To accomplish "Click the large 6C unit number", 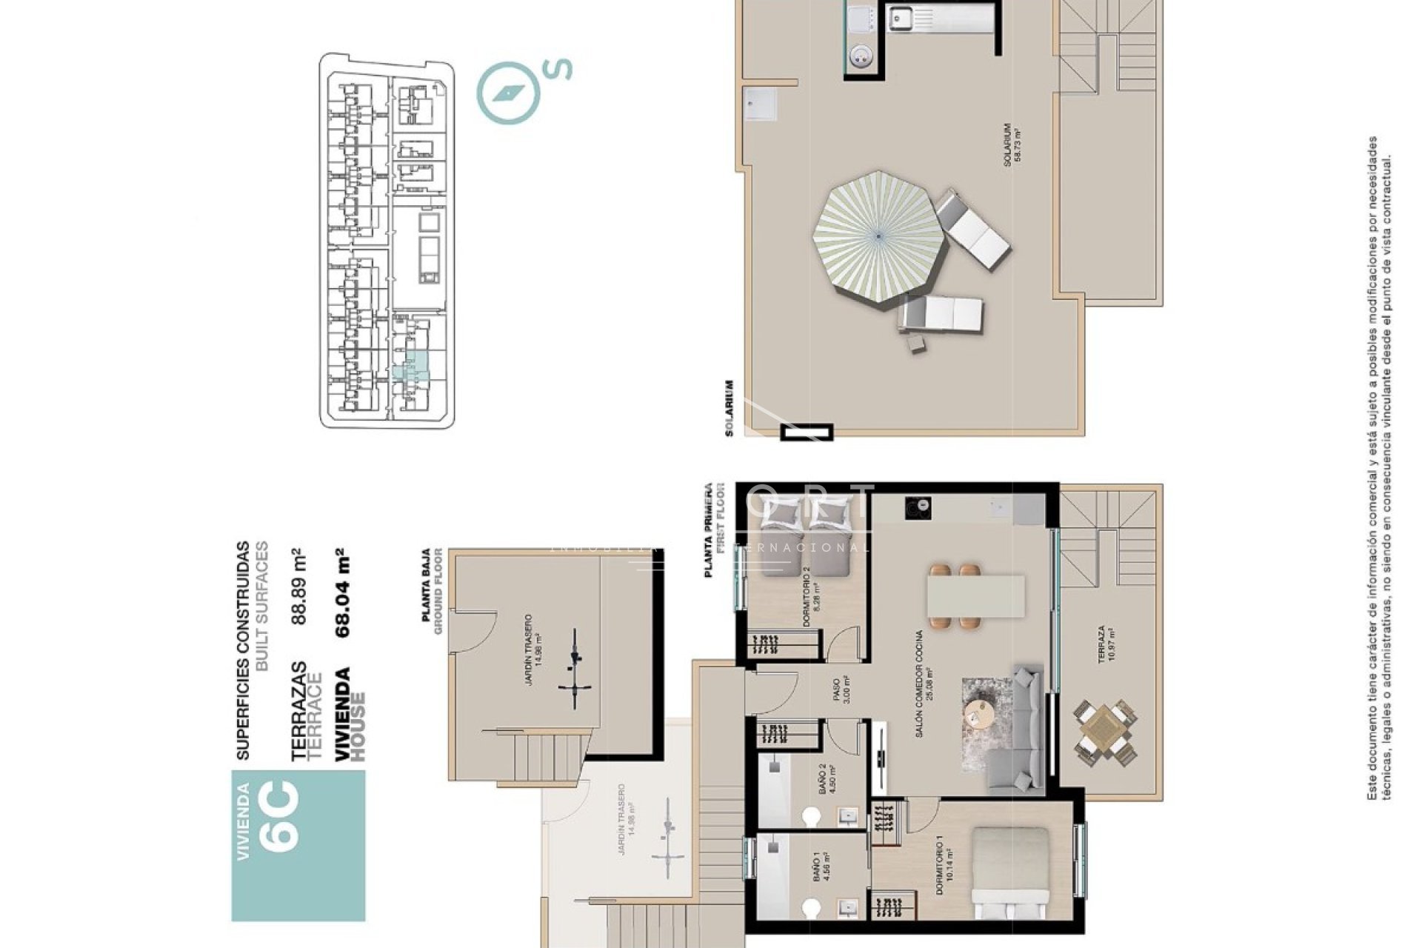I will coord(281,815).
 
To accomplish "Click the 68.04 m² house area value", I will coord(341,593).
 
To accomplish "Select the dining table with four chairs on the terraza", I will coord(1104,730).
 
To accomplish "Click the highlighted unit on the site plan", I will coord(410,367).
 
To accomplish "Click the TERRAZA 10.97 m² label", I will coord(1106,644).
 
